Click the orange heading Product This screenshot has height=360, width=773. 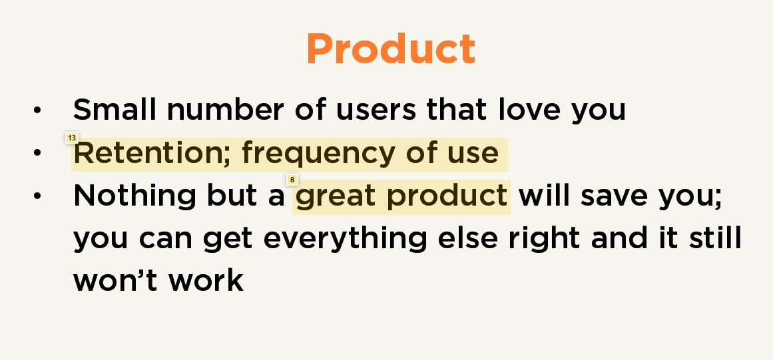[391, 49]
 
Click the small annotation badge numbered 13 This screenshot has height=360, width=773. [72, 138]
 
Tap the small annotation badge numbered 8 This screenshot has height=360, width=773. [292, 180]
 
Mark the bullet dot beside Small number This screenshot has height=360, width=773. [37, 110]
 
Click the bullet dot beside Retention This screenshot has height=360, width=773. [37, 154]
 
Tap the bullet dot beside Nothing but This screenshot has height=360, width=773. [37, 196]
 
